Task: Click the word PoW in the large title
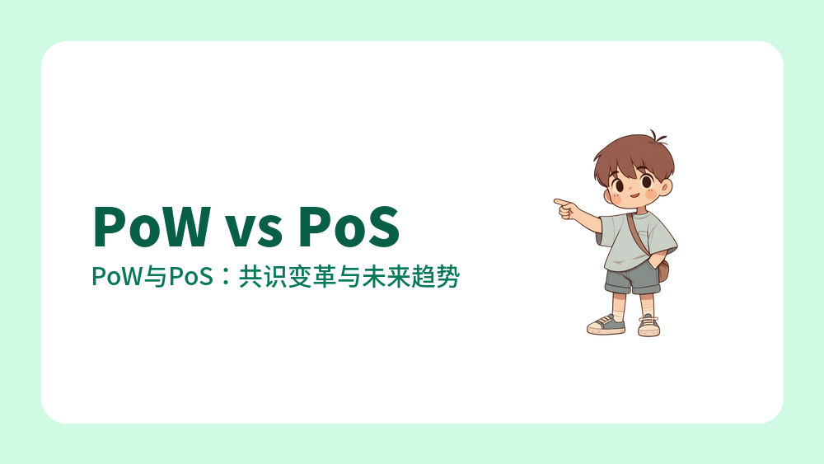click(148, 226)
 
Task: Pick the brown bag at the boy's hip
click(662, 269)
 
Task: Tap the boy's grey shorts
click(633, 279)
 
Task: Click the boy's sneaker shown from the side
click(606, 325)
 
